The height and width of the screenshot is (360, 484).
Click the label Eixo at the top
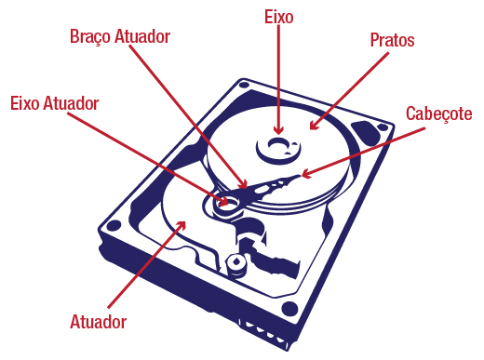pos(278,17)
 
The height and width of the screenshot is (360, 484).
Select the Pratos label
pos(392,40)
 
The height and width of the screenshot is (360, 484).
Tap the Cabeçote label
pos(438,113)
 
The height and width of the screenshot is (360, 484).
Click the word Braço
pos(90,37)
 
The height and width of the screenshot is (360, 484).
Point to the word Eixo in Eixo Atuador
pos(25,103)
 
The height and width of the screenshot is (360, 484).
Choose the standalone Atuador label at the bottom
pos(98,322)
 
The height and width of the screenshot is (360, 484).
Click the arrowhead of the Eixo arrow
pos(278,130)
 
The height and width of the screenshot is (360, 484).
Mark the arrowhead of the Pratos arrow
pos(314,126)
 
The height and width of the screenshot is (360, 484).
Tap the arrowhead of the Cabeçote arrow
pos(306,174)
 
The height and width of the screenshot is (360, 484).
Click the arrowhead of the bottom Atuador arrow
pos(181,225)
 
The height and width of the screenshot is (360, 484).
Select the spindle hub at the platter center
pos(278,148)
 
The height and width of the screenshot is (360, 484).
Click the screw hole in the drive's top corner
pos(244,85)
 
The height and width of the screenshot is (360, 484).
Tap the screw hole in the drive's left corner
pos(114,225)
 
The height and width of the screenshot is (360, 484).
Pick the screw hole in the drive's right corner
pos(383,127)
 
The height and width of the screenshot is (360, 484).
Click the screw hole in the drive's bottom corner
pos(289,309)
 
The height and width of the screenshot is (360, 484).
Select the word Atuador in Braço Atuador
pos(142,36)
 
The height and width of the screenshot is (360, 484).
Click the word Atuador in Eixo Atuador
pos(71,103)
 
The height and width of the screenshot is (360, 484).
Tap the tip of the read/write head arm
pos(299,176)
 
